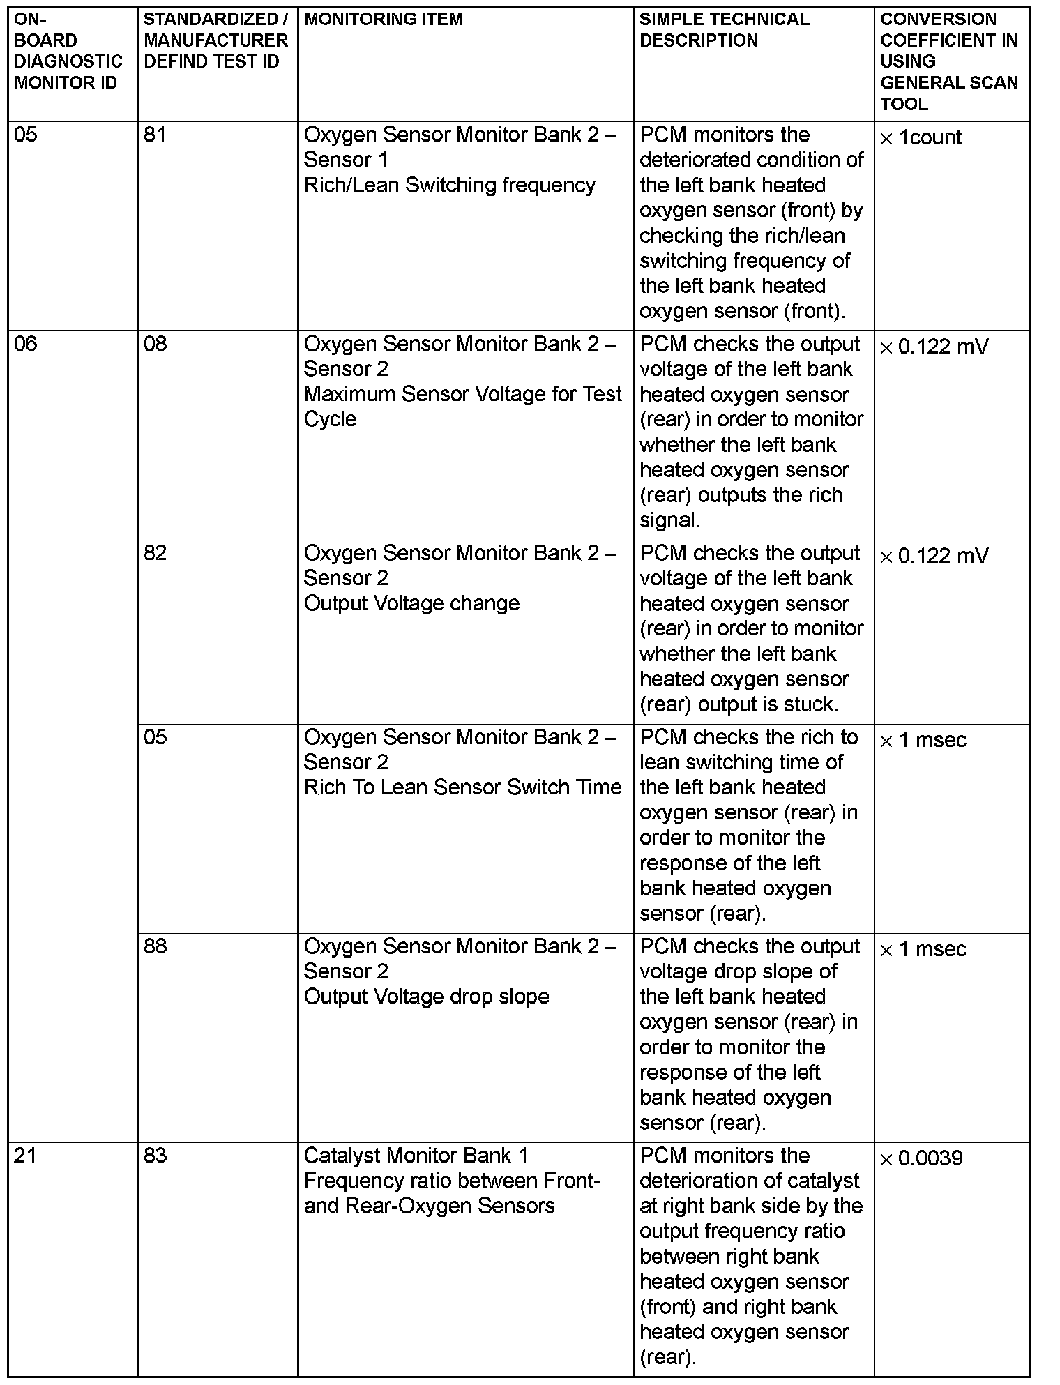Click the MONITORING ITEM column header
click(383, 20)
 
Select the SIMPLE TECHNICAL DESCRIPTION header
click(724, 30)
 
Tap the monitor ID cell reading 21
click(25, 1156)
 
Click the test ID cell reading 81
click(155, 135)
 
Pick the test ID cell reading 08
click(155, 344)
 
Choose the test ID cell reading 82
click(155, 553)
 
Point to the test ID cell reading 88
click(155, 946)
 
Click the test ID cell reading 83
click(155, 1156)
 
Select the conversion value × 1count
click(921, 137)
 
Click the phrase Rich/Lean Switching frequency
click(450, 185)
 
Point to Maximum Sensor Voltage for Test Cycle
click(462, 407)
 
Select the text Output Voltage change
click(411, 603)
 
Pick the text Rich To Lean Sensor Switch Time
click(462, 787)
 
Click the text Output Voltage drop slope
click(426, 997)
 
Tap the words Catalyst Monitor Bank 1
click(416, 1156)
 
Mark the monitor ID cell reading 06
click(25, 344)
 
